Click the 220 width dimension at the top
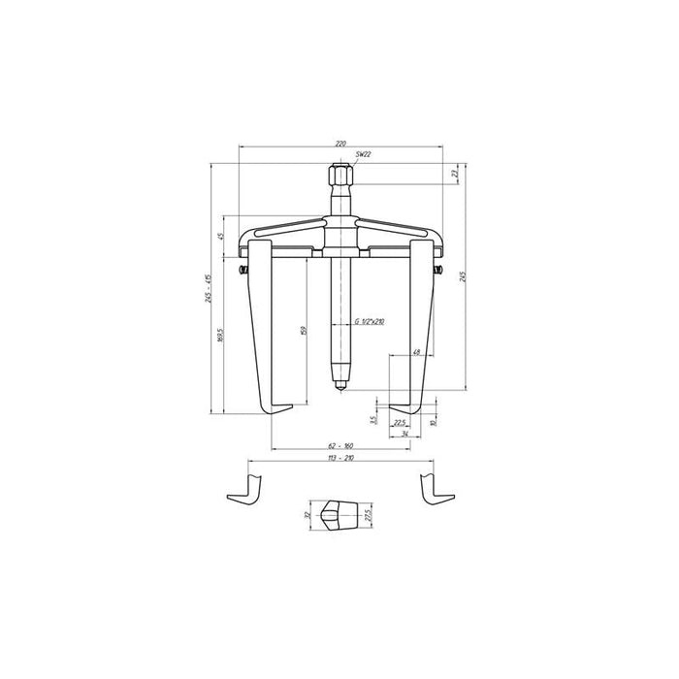339,143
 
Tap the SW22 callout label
364,155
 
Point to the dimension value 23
454,175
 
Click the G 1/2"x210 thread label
370,320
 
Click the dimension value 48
415,352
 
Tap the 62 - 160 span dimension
339,445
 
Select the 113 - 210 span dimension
339,457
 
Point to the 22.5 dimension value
398,422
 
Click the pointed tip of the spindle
339,388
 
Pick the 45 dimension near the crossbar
221,236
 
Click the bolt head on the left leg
242,268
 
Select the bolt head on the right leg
437,268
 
